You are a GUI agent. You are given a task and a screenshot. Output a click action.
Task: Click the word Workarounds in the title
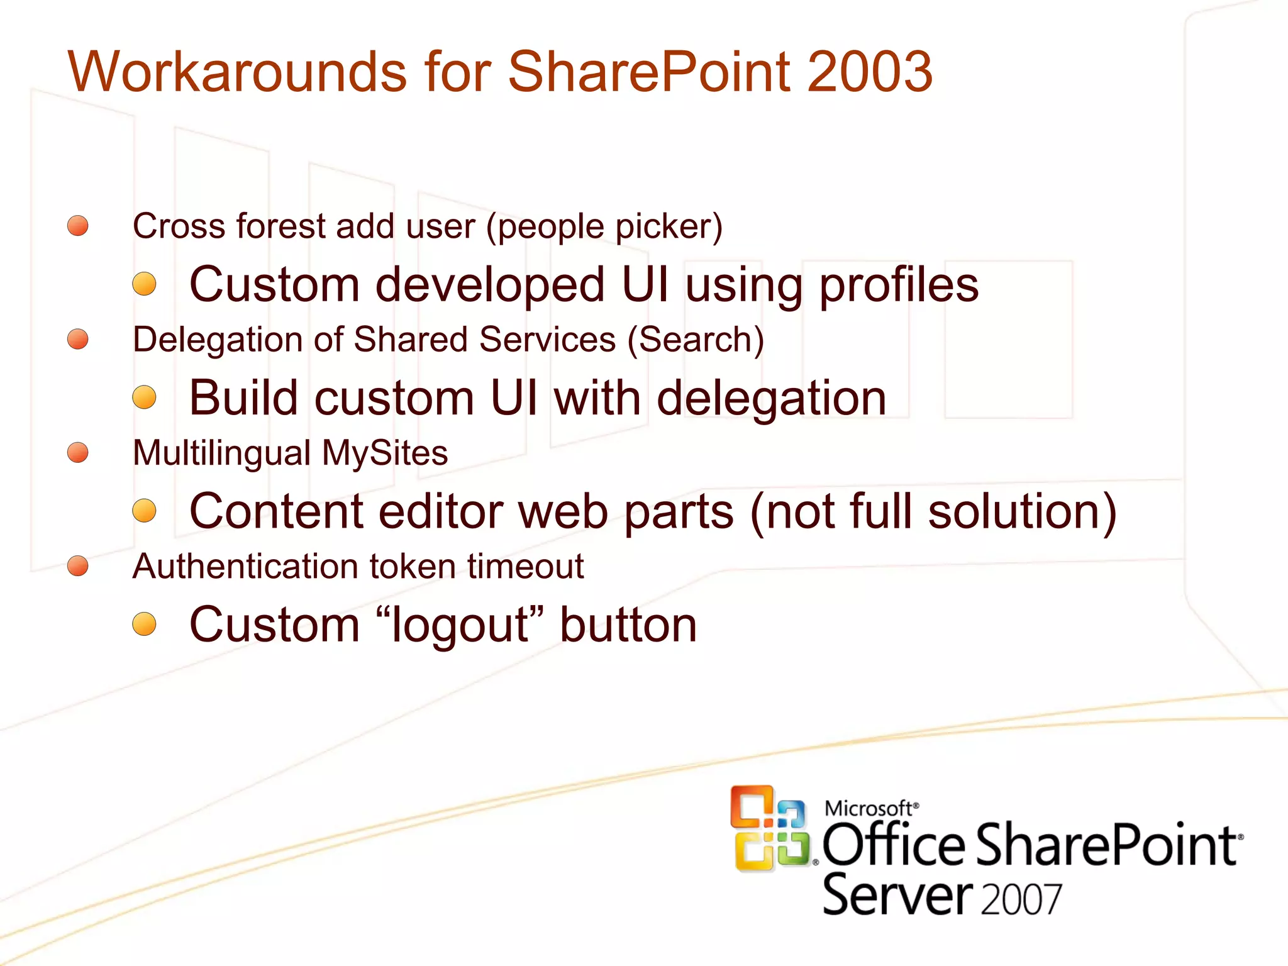point(236,72)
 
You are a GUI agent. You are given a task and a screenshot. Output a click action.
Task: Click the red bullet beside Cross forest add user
point(78,226)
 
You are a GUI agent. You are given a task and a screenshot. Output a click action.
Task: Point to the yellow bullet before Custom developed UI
point(145,284)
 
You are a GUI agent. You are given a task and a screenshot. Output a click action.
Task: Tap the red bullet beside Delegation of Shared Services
point(78,339)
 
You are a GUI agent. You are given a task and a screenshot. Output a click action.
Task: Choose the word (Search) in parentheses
point(696,340)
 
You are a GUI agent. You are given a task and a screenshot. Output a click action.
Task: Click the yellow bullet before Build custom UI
point(145,397)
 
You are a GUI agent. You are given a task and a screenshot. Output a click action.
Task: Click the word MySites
point(384,453)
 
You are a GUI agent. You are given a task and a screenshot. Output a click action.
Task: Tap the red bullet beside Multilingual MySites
point(78,452)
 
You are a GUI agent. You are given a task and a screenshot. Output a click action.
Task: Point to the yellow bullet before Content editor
point(145,511)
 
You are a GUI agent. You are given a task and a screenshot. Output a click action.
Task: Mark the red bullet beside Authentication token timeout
point(78,566)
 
